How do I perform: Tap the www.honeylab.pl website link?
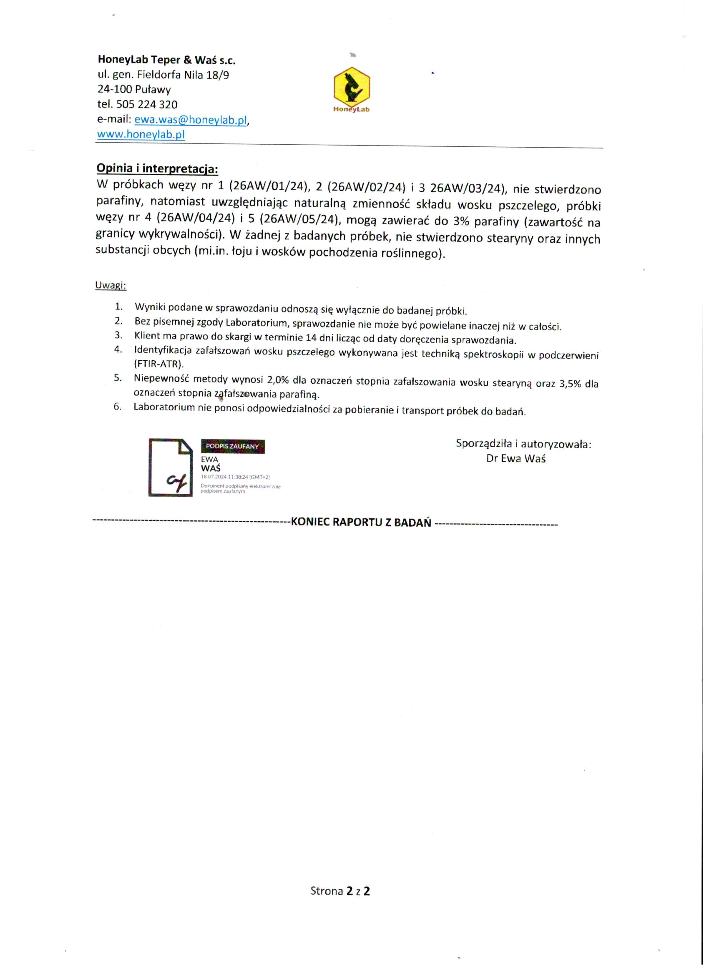click(x=141, y=134)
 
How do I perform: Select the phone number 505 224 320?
click(x=147, y=104)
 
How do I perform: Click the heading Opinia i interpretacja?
click(x=157, y=168)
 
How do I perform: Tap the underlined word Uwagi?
click(x=111, y=285)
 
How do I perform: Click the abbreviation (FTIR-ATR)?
click(x=159, y=364)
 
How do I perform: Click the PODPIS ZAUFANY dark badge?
click(x=233, y=446)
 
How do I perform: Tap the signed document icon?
click(x=171, y=467)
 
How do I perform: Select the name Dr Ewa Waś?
click(x=515, y=458)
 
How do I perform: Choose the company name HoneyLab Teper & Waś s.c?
click(x=166, y=60)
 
